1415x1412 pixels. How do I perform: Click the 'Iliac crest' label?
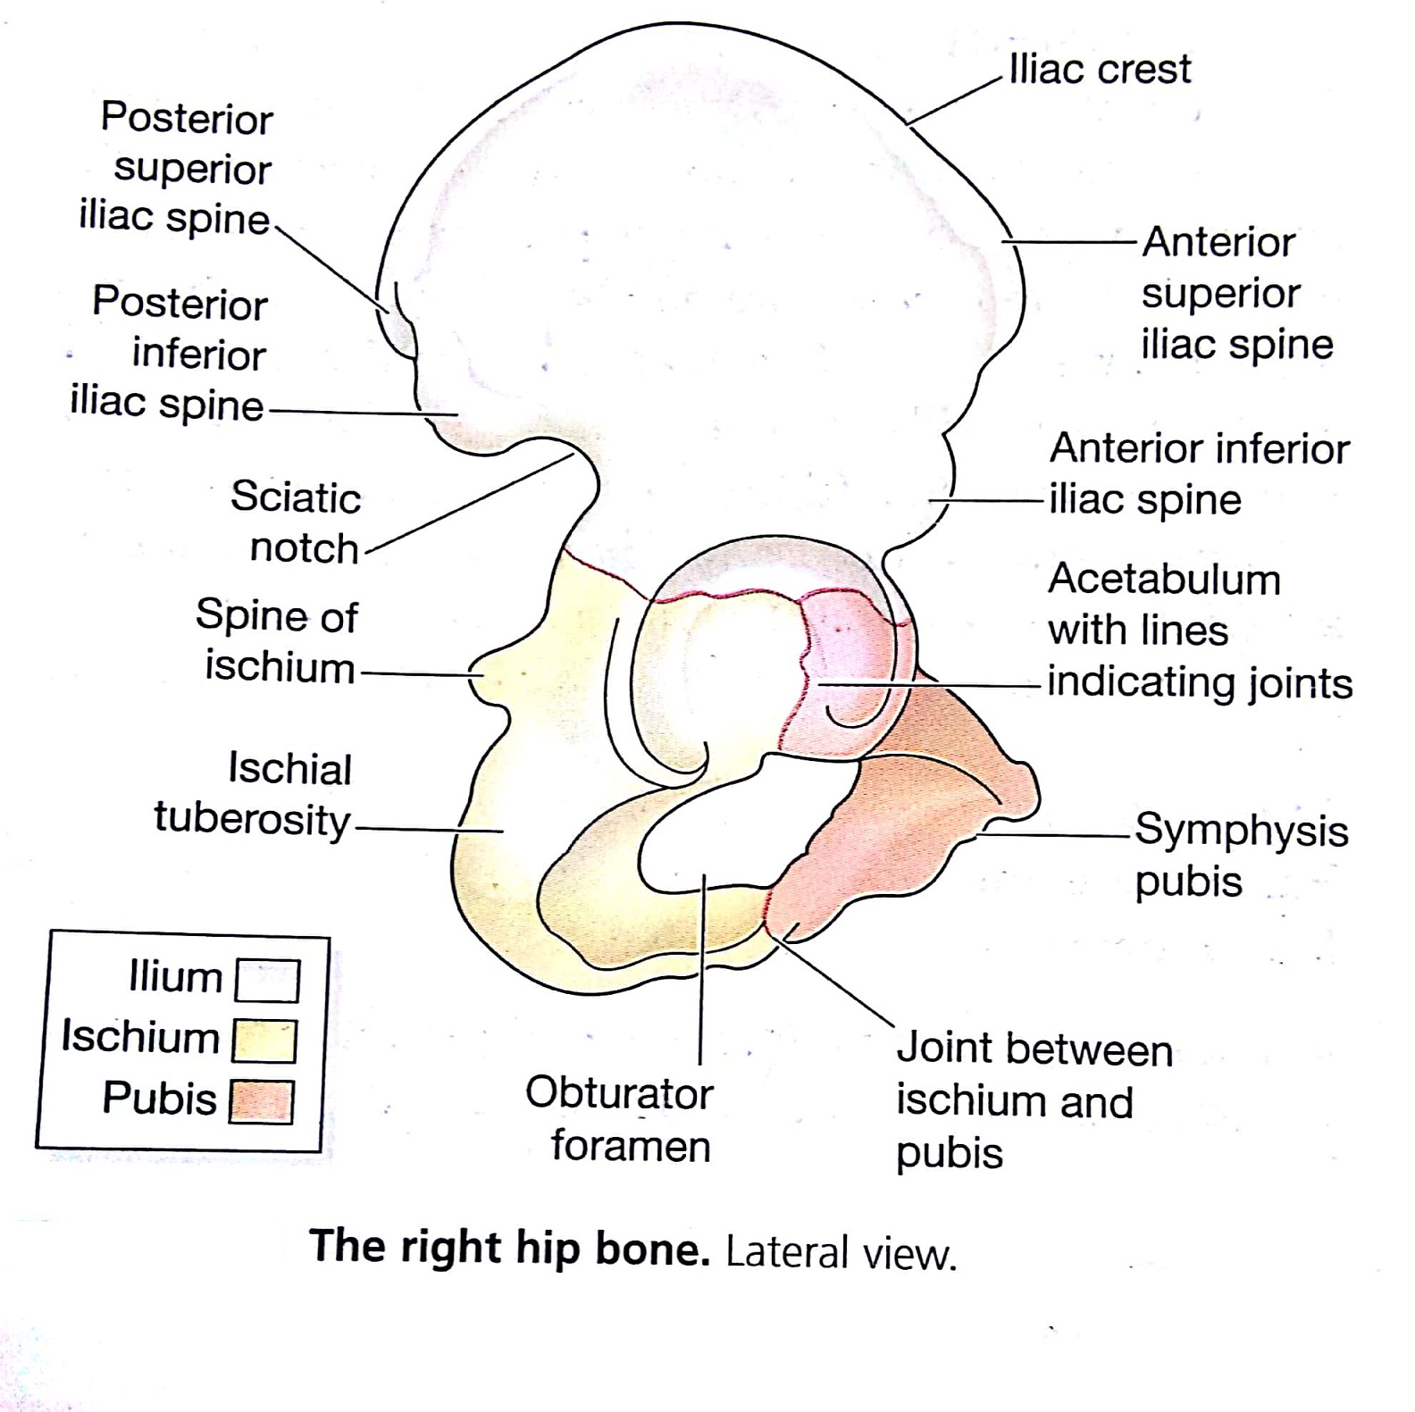point(1100,69)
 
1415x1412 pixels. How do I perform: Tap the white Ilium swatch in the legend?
point(266,981)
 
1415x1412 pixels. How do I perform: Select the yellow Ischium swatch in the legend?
point(264,1040)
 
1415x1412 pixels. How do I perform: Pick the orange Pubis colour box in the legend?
point(262,1101)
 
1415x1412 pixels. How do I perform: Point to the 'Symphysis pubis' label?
point(1240,855)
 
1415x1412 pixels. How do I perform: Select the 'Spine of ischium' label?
point(278,640)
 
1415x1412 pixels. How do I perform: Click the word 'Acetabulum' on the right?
point(1164,580)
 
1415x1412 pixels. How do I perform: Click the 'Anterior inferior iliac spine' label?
point(1197,473)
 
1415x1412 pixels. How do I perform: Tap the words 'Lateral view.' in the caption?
point(841,1253)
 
